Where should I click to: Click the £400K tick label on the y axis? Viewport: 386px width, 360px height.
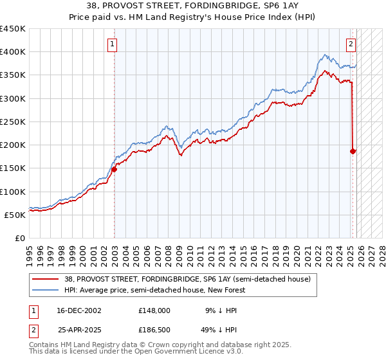point(13,52)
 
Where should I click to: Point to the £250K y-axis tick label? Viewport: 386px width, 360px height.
point(13,122)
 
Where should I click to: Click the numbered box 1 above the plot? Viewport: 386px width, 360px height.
point(113,44)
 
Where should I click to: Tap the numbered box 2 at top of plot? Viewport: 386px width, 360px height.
point(351,44)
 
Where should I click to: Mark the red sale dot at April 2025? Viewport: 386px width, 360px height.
point(353,152)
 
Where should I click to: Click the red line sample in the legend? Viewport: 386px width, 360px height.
point(46,279)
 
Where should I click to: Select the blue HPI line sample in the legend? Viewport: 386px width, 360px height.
point(46,290)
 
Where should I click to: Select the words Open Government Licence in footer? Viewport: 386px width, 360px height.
point(169,352)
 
